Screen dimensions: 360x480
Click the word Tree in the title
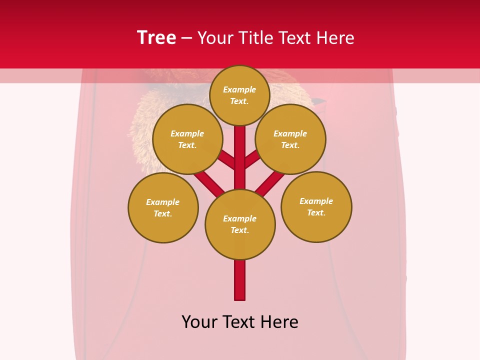156,38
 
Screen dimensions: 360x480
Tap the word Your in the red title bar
215,38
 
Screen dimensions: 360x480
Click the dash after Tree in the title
186,38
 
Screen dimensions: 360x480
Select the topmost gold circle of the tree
239,95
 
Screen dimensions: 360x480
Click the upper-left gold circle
187,139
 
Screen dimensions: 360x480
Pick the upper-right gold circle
290,139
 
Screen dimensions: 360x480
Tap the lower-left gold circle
163,207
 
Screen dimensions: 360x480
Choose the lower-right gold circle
316,206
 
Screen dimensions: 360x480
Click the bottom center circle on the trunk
240,224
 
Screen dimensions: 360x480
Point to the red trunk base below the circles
240,280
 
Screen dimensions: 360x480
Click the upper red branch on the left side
226,161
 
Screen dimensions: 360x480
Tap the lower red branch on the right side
270,183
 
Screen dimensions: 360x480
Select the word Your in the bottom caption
199,322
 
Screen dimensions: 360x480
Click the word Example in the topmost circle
239,89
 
